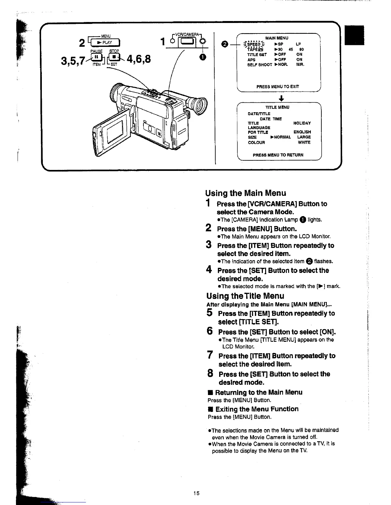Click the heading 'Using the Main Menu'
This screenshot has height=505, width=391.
click(x=246, y=193)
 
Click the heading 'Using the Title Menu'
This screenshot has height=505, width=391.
click(x=245, y=296)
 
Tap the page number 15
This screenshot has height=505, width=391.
click(x=196, y=493)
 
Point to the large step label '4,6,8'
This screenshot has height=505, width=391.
click(x=139, y=59)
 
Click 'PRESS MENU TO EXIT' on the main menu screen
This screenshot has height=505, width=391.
click(x=278, y=86)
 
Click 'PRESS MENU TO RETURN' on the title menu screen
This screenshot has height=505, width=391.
click(x=278, y=155)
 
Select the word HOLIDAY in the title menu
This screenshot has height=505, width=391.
click(x=302, y=123)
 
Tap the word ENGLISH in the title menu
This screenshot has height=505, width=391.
click(x=302, y=132)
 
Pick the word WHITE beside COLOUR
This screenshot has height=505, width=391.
click(x=304, y=143)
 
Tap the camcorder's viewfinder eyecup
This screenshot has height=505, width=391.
click(x=198, y=104)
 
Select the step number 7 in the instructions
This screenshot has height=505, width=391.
click(x=210, y=355)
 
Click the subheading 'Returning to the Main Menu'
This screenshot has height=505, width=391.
click(x=258, y=392)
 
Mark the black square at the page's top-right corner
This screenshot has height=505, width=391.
click(x=356, y=35)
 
